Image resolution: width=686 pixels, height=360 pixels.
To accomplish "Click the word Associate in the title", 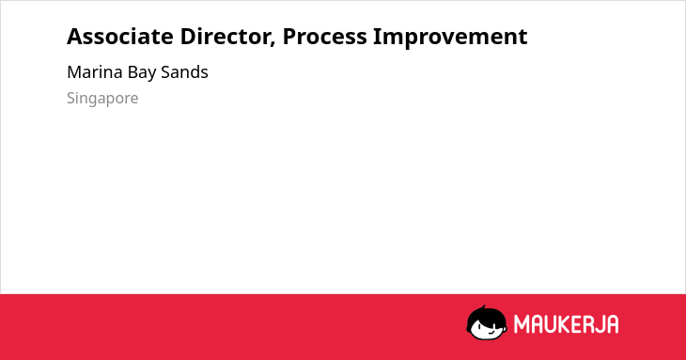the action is [x=120, y=37].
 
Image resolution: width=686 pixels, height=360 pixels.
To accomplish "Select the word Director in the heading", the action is [x=226, y=37].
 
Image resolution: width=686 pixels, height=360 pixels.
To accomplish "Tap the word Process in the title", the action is [x=324, y=37].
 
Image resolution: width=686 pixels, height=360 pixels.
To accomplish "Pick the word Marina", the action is [x=95, y=72].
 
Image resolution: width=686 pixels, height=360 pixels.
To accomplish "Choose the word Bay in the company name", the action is [x=142, y=73].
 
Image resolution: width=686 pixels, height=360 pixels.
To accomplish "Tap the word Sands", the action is [x=184, y=72].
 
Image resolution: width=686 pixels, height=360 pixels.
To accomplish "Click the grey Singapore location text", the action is [x=102, y=99].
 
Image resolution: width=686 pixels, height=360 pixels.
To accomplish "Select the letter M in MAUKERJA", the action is [x=522, y=324].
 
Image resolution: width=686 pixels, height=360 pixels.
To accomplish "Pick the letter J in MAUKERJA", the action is [x=598, y=324].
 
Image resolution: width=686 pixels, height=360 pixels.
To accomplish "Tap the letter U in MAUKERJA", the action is [x=551, y=324].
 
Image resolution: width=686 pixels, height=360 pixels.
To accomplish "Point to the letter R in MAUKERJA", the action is [x=586, y=324].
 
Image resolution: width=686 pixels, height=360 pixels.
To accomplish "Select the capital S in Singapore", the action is [x=71, y=98].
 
